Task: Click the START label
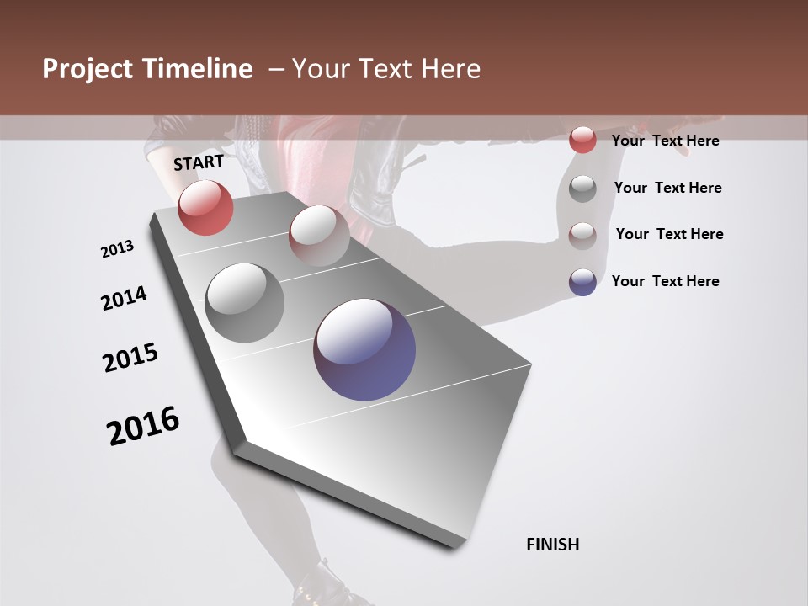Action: click(x=199, y=162)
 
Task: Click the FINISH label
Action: click(x=552, y=545)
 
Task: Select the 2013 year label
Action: click(x=118, y=249)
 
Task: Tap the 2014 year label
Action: click(x=125, y=298)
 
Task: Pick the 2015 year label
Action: click(x=130, y=358)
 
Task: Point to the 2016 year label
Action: click(x=143, y=426)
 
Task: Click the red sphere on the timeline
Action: click(x=205, y=207)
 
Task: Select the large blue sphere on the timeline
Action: click(x=364, y=349)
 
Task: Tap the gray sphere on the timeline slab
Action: click(x=244, y=303)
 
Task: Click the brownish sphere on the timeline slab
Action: click(x=319, y=235)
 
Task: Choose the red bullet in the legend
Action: click(x=582, y=141)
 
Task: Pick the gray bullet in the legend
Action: click(x=582, y=189)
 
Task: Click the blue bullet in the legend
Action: click(x=582, y=282)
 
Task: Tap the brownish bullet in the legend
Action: click(x=582, y=235)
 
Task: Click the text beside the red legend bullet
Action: click(x=665, y=141)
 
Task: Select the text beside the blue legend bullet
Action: click(x=665, y=281)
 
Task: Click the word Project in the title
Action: click(x=87, y=69)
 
